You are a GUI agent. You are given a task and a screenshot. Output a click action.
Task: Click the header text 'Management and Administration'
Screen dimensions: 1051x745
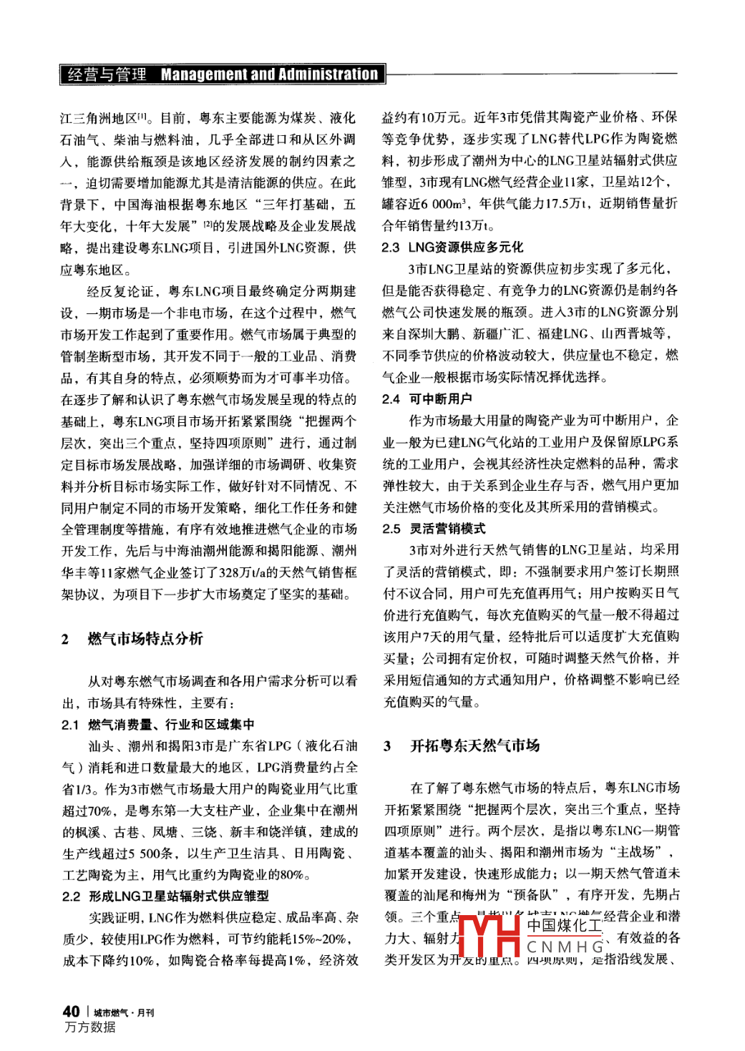coord(269,74)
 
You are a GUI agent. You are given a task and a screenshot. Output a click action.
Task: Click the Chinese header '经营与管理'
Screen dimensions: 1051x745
coord(107,74)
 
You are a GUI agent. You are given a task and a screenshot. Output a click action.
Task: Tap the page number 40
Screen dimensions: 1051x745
coord(71,1011)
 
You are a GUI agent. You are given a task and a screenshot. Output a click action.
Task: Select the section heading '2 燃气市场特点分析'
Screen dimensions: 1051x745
coord(132,638)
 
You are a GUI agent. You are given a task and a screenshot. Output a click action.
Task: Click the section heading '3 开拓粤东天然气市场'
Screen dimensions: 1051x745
coord(462,746)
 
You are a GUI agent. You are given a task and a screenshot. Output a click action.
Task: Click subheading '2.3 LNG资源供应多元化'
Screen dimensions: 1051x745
coord(452,247)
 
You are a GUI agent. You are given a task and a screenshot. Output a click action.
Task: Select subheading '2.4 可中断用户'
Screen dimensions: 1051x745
coord(427,399)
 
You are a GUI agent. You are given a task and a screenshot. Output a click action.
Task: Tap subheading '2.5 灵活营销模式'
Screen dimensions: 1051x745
coord(434,528)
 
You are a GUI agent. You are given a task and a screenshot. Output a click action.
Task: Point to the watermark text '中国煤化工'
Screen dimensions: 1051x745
coord(565,925)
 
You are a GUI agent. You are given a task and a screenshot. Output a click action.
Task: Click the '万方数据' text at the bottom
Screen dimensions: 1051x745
coord(90,1027)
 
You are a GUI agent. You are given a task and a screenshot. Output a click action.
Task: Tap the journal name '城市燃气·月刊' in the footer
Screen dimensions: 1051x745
coord(124,1012)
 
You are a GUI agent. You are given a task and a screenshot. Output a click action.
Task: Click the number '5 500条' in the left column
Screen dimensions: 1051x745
coord(155,853)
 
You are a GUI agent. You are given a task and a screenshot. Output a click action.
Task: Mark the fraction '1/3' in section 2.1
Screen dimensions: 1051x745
coord(89,788)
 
